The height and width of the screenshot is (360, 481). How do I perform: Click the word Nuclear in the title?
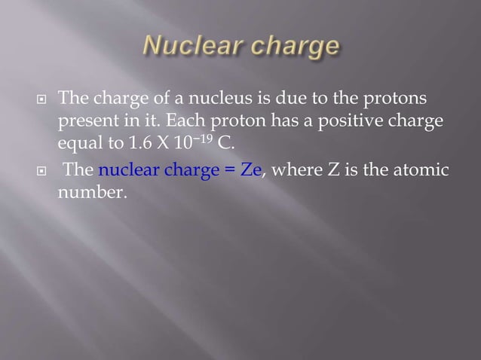187,48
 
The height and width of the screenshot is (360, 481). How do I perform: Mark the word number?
90,192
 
